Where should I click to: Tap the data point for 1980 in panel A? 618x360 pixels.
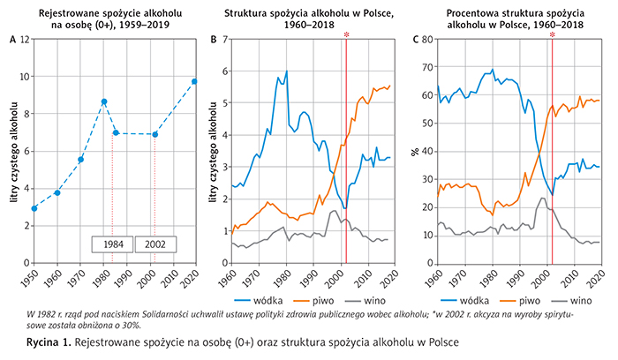pos(104,101)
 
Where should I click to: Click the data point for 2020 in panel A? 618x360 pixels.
pos(194,82)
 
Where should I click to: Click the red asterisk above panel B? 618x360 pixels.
pos(346,35)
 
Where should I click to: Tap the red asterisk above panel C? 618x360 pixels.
pos(552,35)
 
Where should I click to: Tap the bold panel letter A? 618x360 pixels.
pos(12,40)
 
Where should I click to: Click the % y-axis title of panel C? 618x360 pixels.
pos(414,151)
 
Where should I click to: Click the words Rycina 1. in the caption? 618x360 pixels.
pos(49,340)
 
